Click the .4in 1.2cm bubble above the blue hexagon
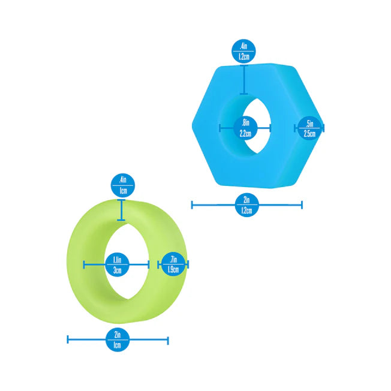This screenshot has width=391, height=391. coord(244,51)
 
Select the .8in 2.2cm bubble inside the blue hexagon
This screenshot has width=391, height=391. coord(245,128)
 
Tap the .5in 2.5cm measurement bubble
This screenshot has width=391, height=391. coord(309,128)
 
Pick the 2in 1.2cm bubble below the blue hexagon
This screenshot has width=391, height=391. coord(246,205)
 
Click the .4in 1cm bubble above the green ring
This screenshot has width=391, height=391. coord(123,185)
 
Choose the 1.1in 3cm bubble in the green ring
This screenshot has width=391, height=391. coord(117,264)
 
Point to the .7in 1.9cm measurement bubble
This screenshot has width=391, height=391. coord(173,264)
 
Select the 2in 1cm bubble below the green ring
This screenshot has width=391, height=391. coord(118,339)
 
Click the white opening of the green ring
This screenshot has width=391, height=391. coord(127,261)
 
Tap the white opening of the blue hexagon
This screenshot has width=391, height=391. coord(257,126)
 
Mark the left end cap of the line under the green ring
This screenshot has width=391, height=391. coord(68,339)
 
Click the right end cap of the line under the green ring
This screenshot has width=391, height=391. coord(168,341)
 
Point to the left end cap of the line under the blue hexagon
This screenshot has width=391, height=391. coord(192,205)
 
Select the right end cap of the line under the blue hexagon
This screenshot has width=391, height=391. coord(302,205)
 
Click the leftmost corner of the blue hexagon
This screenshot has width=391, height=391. coord(192,125)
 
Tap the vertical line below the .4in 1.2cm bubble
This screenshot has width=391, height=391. coord(244,80)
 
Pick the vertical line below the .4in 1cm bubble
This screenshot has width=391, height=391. coord(121,210)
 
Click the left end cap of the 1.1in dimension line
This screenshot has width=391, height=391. coord(84,264)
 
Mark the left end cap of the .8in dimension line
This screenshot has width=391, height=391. coord(219,128)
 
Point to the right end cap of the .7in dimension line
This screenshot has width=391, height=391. coord(188,264)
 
